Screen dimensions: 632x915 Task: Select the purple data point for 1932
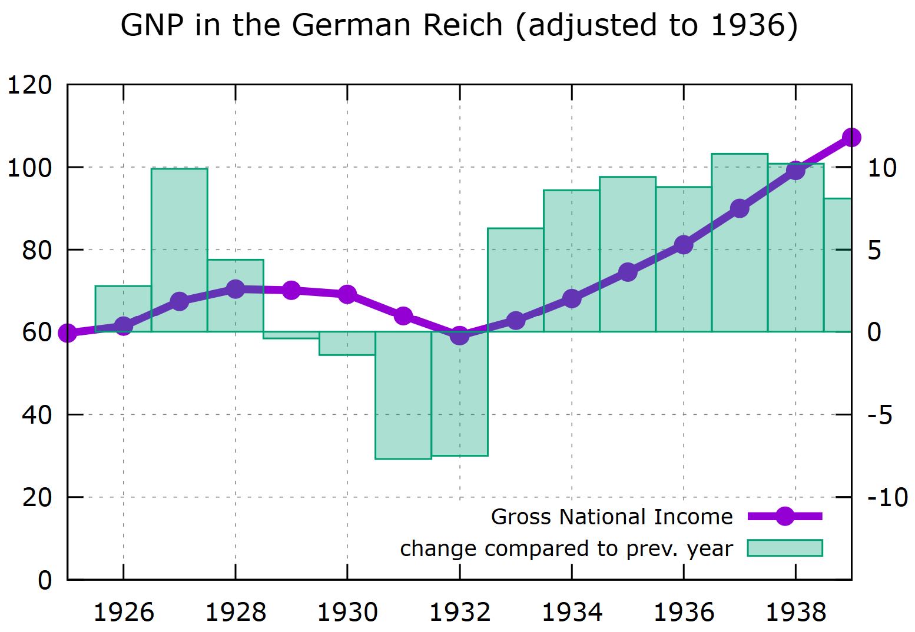(459, 335)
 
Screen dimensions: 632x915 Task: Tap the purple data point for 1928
(236, 289)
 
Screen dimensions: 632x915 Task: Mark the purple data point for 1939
(851, 138)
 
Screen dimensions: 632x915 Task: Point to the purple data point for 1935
(628, 272)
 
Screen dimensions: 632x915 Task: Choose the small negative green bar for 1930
(347, 344)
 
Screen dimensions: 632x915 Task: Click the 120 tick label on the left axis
(29, 85)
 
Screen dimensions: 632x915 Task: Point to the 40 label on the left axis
(37, 415)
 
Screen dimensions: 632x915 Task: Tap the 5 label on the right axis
(875, 250)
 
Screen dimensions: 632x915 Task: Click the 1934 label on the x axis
(572, 613)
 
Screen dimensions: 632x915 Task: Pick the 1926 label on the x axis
(124, 613)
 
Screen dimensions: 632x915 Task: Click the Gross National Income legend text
(611, 517)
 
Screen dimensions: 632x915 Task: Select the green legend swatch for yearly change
(784, 548)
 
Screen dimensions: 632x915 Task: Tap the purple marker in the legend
(784, 517)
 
